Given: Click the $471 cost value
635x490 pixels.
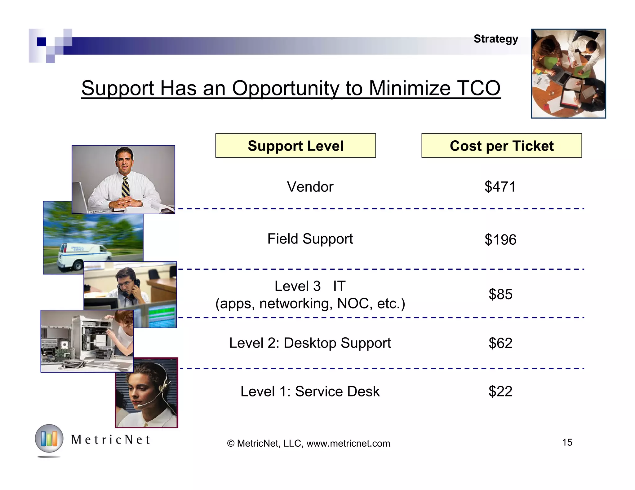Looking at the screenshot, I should [x=500, y=187].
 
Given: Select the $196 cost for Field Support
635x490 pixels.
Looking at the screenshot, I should [x=500, y=240].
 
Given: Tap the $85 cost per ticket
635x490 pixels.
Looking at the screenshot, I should [x=500, y=294].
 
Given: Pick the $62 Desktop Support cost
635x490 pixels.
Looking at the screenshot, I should [x=500, y=343].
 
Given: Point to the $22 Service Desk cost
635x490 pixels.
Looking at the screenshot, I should [x=500, y=392].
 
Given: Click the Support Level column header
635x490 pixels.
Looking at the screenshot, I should [x=295, y=146].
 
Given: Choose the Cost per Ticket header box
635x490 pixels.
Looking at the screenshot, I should [x=501, y=146].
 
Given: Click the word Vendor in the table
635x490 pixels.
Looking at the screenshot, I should [x=310, y=187].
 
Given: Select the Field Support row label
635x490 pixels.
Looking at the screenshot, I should [x=310, y=239].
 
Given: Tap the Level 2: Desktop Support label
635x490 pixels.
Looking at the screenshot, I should [x=310, y=343].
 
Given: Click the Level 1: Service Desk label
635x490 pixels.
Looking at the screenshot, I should [x=310, y=392].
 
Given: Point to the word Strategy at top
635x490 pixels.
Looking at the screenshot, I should [x=496, y=39].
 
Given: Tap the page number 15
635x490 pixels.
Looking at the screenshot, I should [x=567, y=442].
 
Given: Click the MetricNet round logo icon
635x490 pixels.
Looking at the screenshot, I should [x=49, y=439].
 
